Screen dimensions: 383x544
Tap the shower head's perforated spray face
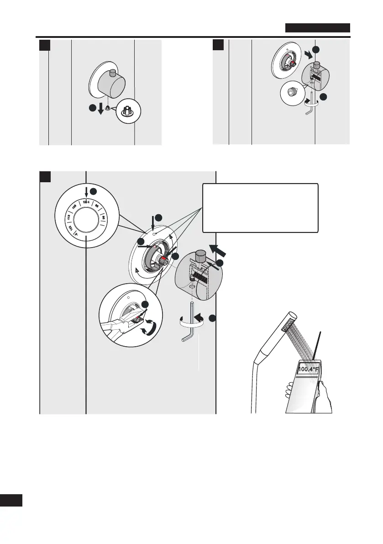[289, 325]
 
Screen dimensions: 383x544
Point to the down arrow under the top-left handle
[100, 110]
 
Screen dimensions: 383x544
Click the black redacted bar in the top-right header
[318, 28]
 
